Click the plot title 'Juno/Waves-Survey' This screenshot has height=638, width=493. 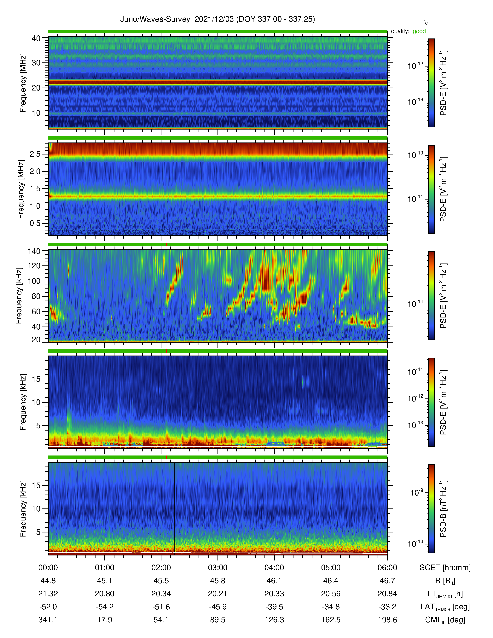tap(155, 19)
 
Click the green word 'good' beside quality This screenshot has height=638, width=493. tap(419, 31)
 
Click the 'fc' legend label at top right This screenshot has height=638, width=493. tap(426, 22)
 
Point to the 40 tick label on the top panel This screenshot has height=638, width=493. tap(36, 38)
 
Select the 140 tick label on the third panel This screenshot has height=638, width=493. tap(34, 251)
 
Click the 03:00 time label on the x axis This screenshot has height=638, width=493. tap(217, 568)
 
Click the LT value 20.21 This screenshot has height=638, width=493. tap(217, 594)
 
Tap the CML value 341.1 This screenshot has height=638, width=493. tap(48, 620)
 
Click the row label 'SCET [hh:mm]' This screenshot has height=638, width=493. tap(445, 568)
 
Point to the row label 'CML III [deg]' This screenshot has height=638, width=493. tap(445, 620)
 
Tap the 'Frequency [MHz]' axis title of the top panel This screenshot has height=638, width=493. tap(23, 83)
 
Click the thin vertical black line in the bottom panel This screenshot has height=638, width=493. tap(174, 508)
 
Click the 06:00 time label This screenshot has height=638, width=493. tap(387, 568)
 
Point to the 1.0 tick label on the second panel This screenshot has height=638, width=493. tap(35, 206)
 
